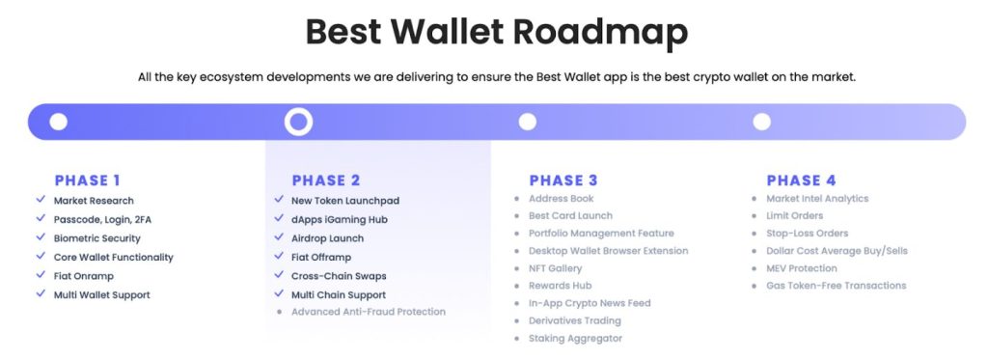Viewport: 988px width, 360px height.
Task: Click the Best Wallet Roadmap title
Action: point(496,32)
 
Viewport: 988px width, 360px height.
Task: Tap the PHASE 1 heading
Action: point(88,180)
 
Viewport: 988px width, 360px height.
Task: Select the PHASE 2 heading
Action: point(325,180)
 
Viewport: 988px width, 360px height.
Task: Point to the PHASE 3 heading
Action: point(563,180)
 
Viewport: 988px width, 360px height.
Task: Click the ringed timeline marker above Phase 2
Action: point(298,122)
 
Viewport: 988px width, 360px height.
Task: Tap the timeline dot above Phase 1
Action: point(59,122)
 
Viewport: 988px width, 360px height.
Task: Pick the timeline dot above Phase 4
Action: point(761,122)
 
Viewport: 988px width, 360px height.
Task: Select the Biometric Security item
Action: point(97,238)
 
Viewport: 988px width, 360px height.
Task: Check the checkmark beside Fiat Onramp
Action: point(41,276)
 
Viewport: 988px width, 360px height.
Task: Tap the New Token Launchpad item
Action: point(344,201)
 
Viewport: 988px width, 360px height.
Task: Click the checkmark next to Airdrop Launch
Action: point(279,238)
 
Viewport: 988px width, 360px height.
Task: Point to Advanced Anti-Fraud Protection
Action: point(368,312)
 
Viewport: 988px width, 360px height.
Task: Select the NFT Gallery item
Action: point(555,268)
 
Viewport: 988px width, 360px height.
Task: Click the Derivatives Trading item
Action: point(574,320)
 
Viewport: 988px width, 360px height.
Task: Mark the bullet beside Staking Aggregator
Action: point(517,339)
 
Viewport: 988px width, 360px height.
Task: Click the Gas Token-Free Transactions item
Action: point(836,286)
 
